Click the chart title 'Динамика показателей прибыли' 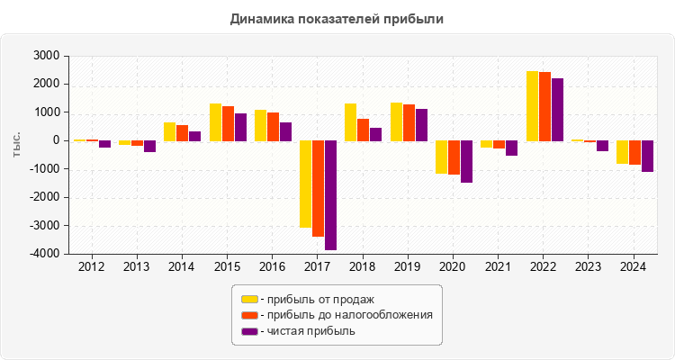point(337,18)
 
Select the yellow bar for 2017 point(306,184)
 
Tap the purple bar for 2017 point(331,194)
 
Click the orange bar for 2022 point(544,106)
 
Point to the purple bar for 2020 point(466,161)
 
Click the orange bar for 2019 point(409,123)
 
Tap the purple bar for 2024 point(647,156)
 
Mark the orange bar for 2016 point(273,127)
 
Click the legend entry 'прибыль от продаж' point(316,299)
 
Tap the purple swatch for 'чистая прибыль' point(249,331)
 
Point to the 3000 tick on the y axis point(46,56)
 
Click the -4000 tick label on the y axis point(44,254)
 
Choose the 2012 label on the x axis point(92,267)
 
